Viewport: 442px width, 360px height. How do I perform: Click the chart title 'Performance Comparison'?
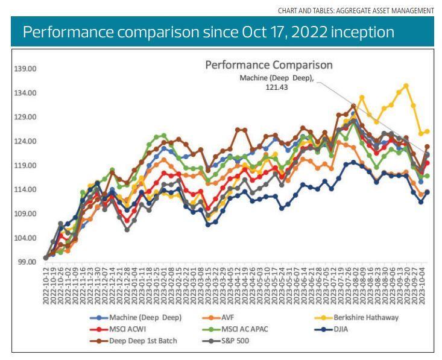(269, 65)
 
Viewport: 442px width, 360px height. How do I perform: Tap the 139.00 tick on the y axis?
(25, 69)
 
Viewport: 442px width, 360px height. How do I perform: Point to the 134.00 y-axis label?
(25, 93)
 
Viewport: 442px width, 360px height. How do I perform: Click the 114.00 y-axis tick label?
(25, 189)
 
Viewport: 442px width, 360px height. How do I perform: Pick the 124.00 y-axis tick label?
(25, 141)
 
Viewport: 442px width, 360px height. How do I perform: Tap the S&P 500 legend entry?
(235, 341)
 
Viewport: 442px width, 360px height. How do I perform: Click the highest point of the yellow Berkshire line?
(406, 86)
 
